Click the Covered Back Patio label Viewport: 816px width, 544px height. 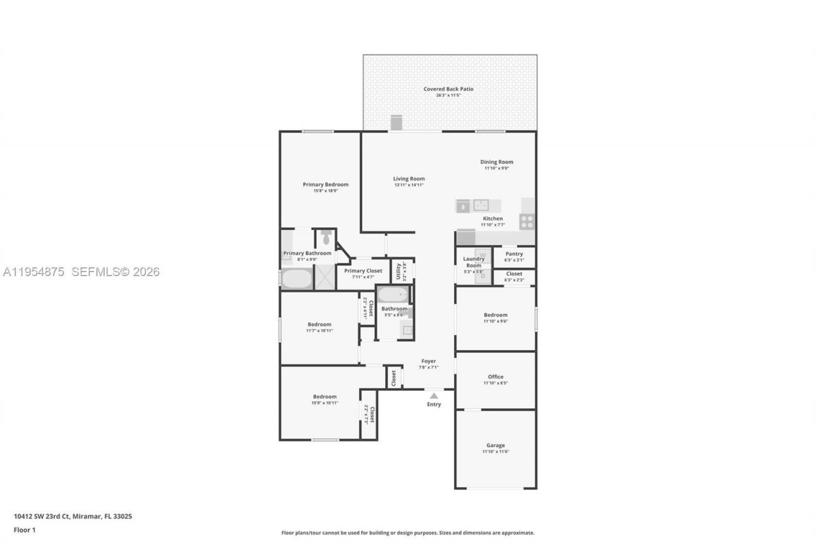pyautogui.click(x=448, y=89)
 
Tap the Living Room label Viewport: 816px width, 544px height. pyautogui.click(x=409, y=179)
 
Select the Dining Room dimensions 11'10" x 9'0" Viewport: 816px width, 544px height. pyautogui.click(x=497, y=168)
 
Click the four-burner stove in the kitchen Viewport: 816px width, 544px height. pyautogui.click(x=527, y=221)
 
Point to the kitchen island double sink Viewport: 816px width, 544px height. pyautogui.click(x=481, y=205)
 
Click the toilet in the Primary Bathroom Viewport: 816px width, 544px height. pyautogui.click(x=326, y=238)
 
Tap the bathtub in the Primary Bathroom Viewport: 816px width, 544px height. pyautogui.click(x=297, y=279)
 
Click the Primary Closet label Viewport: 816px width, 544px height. pyautogui.click(x=363, y=270)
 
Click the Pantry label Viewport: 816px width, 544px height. pyautogui.click(x=514, y=254)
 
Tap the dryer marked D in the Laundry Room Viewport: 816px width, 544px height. pyautogui.click(x=483, y=276)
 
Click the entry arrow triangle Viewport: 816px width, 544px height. pyautogui.click(x=433, y=395)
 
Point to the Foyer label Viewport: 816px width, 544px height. pyautogui.click(x=428, y=361)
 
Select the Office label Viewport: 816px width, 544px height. pyautogui.click(x=495, y=377)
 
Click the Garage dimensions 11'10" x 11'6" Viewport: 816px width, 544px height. pyautogui.click(x=495, y=452)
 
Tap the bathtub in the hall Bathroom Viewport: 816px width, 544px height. pyautogui.click(x=392, y=295)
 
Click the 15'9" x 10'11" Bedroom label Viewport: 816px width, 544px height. pyautogui.click(x=324, y=397)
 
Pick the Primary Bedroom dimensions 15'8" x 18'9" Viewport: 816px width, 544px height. pyautogui.click(x=325, y=191)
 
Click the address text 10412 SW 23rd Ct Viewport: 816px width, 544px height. pyautogui.click(x=42, y=517)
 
